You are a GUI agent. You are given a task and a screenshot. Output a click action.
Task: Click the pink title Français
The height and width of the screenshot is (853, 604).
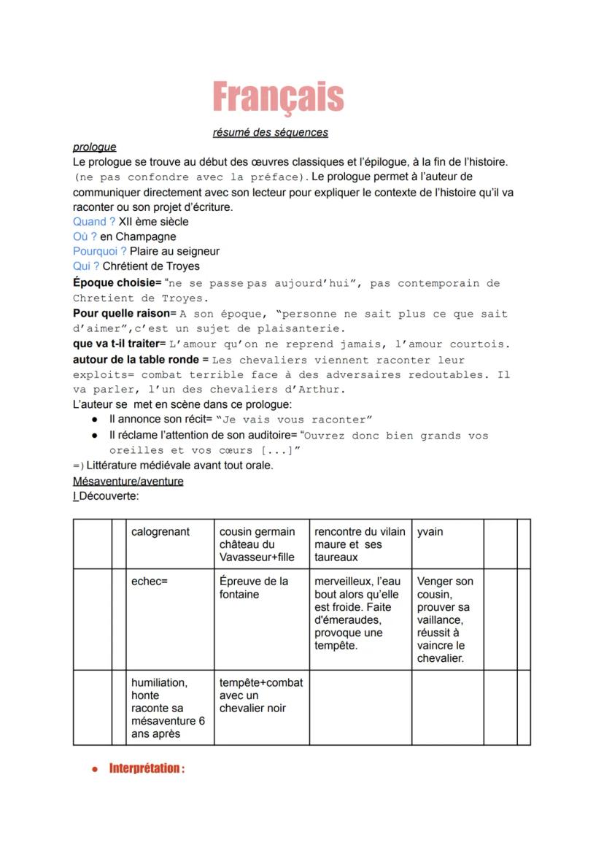[x=278, y=97]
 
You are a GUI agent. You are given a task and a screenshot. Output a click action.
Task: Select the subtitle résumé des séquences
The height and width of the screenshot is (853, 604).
[x=270, y=133]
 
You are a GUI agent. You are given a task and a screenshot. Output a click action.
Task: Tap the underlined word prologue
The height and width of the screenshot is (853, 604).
[x=94, y=147]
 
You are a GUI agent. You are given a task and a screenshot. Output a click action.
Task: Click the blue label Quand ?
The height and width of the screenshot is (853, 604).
[x=94, y=222]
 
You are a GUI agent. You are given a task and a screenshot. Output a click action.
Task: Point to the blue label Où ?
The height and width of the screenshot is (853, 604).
[x=85, y=236]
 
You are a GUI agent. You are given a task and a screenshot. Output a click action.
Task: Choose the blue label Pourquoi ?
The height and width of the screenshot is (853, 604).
[x=100, y=251]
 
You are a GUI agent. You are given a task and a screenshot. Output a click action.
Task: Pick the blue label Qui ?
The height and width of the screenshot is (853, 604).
[x=86, y=266]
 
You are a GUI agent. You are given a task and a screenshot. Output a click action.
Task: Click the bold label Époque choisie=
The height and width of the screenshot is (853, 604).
[x=117, y=283]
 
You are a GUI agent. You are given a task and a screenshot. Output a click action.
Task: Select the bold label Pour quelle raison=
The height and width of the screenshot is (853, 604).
[x=125, y=314]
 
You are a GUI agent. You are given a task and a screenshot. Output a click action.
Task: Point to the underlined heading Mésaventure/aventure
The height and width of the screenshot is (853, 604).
[x=128, y=482]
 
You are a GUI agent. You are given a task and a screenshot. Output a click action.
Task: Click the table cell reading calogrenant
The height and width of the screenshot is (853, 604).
[x=160, y=532]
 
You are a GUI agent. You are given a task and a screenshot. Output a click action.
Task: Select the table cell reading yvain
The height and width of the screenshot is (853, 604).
[x=430, y=532]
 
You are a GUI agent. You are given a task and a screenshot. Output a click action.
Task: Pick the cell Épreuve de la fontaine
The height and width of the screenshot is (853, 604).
[x=254, y=588]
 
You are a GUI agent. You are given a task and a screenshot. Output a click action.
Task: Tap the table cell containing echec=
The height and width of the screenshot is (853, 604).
[x=150, y=582]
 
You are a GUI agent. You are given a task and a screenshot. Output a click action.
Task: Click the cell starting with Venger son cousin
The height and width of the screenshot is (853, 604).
[x=445, y=620]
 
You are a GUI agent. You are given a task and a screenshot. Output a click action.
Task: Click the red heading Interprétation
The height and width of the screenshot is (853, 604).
[x=147, y=768]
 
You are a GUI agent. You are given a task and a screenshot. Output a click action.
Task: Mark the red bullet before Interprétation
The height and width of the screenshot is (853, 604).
[x=95, y=769]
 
